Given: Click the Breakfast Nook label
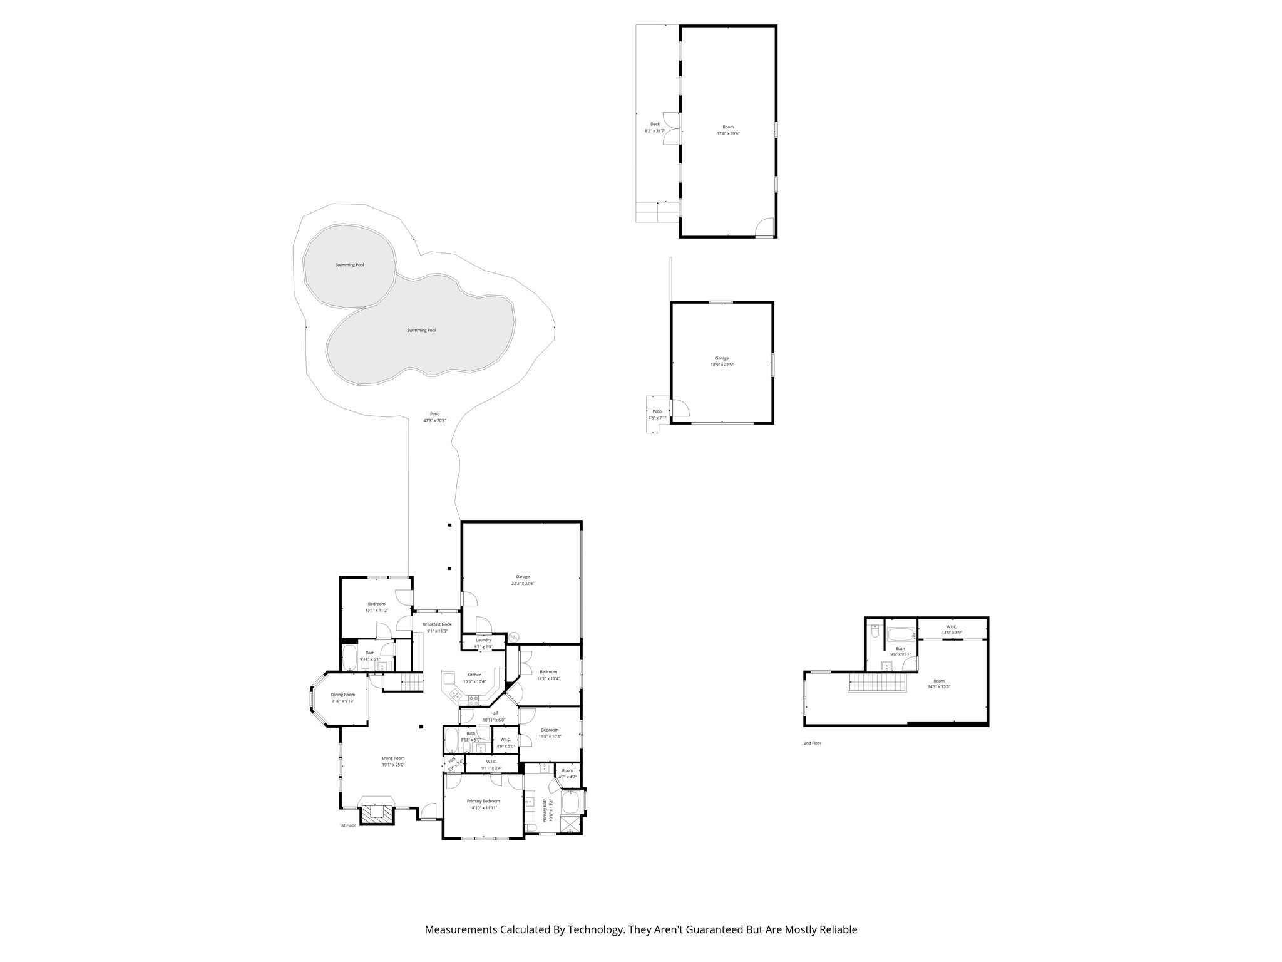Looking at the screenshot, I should coord(437,624).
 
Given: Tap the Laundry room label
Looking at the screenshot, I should coord(483,640).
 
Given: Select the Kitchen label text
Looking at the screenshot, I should coord(474,675).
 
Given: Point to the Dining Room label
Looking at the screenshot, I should coord(343,695).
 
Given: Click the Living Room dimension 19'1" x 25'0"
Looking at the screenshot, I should coord(393,765).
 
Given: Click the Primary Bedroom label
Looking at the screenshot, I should coord(483,801).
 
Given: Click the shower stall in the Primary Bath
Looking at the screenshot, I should coord(570,825).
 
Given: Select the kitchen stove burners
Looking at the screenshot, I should coord(474,700).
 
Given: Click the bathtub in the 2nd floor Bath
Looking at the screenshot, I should coord(901,634).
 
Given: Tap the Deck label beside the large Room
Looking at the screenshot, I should coord(655,124).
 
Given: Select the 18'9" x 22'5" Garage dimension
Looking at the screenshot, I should coord(722,365).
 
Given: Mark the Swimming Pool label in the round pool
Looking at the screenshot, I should coord(349,265).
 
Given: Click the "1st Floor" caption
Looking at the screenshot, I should coord(347,825).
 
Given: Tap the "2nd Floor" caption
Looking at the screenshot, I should coord(813,743).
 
